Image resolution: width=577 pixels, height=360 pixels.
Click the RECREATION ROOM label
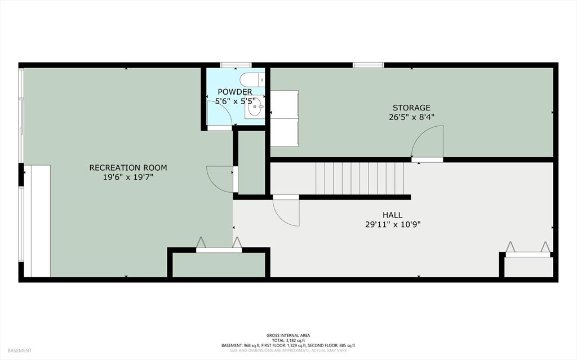pyautogui.click(x=128, y=167)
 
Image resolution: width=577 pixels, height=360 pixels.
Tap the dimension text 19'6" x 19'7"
pyautogui.click(x=128, y=177)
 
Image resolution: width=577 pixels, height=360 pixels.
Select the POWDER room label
pyautogui.click(x=235, y=92)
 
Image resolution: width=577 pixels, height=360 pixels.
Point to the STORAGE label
pyautogui.click(x=411, y=108)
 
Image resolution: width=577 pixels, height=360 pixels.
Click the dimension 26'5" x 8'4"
pyautogui.click(x=411, y=117)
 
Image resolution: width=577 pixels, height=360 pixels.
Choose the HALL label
pyautogui.click(x=393, y=215)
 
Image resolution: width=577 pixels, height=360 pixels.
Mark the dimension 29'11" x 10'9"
pyautogui.click(x=393, y=224)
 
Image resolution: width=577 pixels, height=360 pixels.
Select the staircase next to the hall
pyautogui.click(x=359, y=178)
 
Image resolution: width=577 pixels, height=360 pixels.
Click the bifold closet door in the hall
pyautogui.click(x=527, y=249)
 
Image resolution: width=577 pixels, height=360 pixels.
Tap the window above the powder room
pyautogui.click(x=236, y=65)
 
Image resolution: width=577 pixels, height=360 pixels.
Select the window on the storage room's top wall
pyautogui.click(x=368, y=65)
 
